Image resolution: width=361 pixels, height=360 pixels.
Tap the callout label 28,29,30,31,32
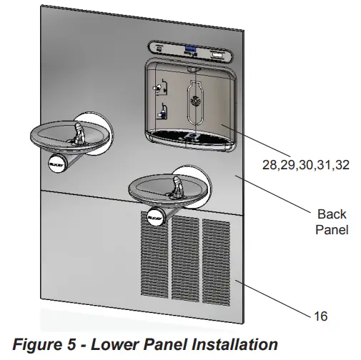(305, 165)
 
